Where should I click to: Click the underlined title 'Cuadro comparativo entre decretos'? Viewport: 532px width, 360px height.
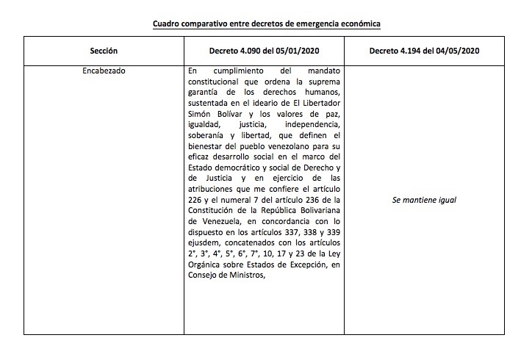(x=266, y=24)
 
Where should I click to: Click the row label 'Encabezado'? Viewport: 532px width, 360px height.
(x=104, y=71)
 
